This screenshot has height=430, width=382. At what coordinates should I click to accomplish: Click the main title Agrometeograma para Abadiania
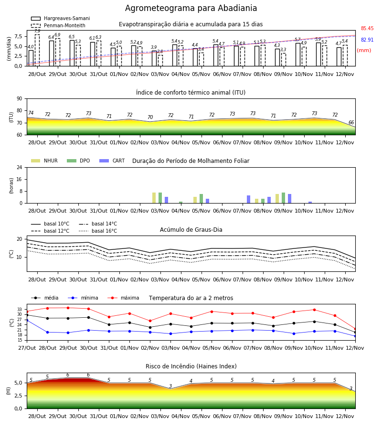[x=191, y=8]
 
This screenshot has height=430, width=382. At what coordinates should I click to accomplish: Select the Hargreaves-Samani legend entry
[x=61, y=18]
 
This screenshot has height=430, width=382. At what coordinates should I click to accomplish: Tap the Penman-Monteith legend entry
[x=58, y=25]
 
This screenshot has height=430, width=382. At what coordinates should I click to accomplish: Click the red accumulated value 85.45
[x=367, y=28]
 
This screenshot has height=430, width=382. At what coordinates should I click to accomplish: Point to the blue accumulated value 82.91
[x=367, y=40]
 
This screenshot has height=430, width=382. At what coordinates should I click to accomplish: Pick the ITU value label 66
[x=351, y=122]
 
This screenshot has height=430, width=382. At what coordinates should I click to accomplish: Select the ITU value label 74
[x=31, y=113]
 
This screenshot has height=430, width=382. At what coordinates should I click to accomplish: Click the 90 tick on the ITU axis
[x=20, y=99]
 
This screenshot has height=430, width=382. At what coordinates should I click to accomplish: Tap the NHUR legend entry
[x=44, y=161]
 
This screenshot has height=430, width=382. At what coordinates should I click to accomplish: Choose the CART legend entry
[x=112, y=161]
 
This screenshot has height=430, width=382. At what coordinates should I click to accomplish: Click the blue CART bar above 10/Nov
[x=310, y=203]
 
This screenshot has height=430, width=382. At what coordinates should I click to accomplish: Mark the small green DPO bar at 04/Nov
[x=181, y=203]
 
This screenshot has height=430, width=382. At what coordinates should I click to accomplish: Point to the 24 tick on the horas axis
[x=20, y=168]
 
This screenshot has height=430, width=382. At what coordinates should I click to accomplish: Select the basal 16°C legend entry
[x=98, y=231]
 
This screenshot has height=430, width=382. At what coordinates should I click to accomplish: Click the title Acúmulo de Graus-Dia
[x=191, y=230]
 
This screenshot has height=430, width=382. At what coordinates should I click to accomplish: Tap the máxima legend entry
[x=123, y=298]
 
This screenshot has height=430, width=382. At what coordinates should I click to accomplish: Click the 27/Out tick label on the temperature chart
[x=27, y=348]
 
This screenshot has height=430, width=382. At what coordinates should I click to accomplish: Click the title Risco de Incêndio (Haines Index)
[x=191, y=366]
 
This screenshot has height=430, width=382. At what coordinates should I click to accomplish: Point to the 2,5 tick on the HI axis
[x=18, y=396]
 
